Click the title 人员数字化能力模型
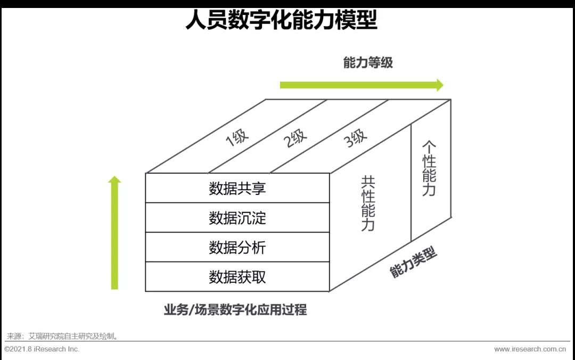[x=281, y=20]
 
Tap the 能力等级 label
[x=368, y=63]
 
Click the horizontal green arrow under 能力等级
[x=362, y=85]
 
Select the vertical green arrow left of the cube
[x=115, y=233]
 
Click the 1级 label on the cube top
[x=237, y=137]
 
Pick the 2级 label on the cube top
[x=295, y=137]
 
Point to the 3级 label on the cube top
[x=355, y=137]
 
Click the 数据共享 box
[x=237, y=188]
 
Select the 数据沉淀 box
[x=237, y=218]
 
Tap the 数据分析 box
[x=237, y=247]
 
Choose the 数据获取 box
[x=237, y=277]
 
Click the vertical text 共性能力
[x=368, y=203]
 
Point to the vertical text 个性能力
[x=429, y=168]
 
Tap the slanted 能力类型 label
[x=413, y=262]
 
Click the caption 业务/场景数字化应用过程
[x=235, y=310]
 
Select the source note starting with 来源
[x=62, y=336]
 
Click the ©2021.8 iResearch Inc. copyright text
[x=42, y=349]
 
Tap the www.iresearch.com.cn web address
[x=530, y=349]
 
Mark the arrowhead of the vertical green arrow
[x=115, y=179]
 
